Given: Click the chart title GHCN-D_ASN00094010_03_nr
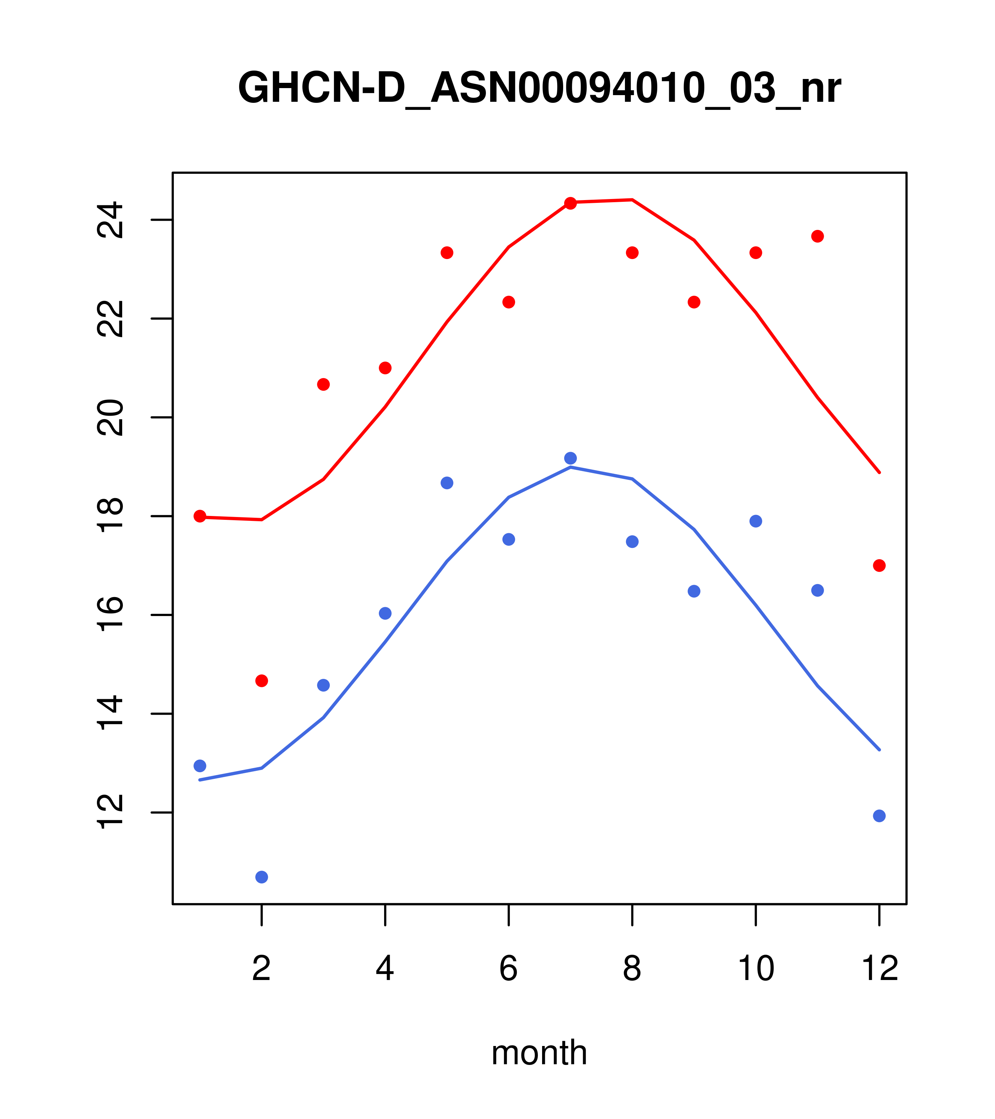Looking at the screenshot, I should point(539,89).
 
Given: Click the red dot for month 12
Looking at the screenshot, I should point(879,565).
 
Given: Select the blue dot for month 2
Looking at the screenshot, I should point(262,877).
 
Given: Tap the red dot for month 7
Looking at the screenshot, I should point(570,204).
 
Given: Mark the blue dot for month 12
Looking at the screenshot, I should point(879,816).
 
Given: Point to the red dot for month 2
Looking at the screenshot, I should point(262,681).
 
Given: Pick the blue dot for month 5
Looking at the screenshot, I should point(447,483).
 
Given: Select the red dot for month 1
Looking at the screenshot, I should point(200,516).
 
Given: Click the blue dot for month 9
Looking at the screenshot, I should point(694,591).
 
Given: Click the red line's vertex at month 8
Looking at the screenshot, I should point(632,200).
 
